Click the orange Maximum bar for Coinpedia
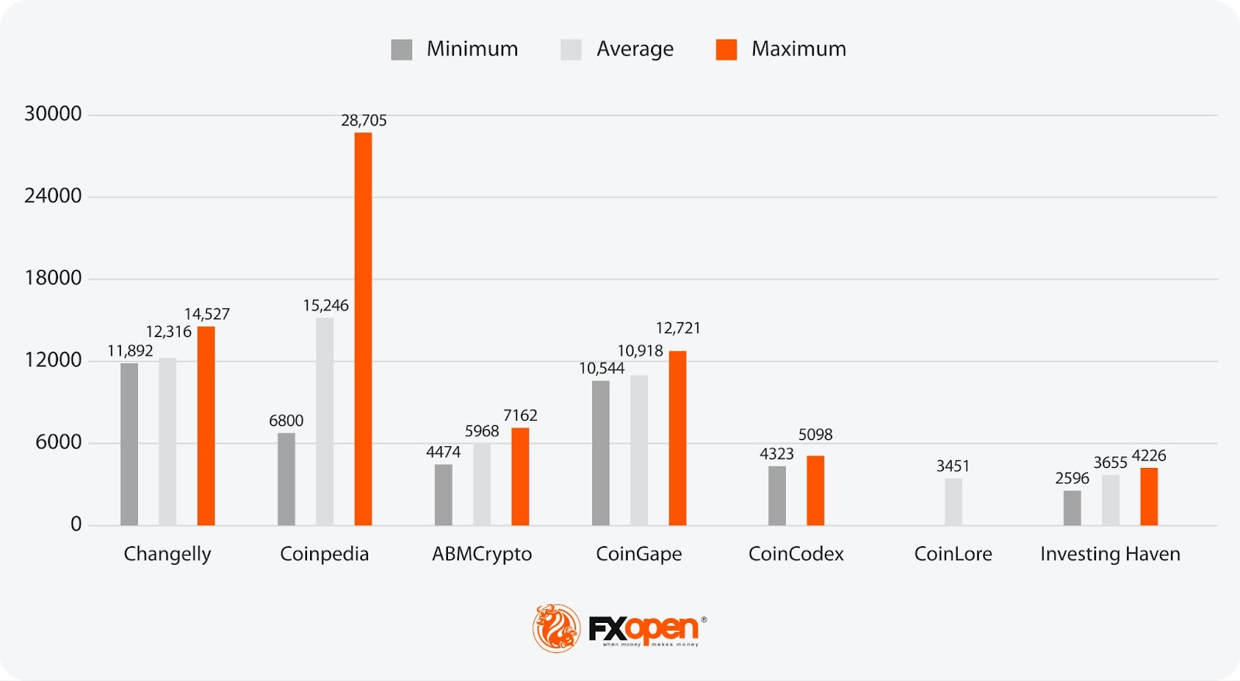coord(363,329)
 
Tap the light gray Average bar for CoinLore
coord(953,502)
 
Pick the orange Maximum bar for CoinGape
coord(677,438)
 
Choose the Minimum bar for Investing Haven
coord(1072,507)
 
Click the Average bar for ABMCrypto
coord(482,484)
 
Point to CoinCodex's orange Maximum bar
coord(815,490)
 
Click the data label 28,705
coord(363,120)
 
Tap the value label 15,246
coord(325,305)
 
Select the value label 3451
coord(952,466)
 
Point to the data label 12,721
coord(678,328)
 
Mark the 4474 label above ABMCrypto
coord(443,452)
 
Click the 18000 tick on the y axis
coord(53,278)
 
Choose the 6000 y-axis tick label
coord(58,442)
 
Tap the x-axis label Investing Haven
coord(1110,554)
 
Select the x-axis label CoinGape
coord(639,554)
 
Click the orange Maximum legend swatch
coord(726,50)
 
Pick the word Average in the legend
coord(635,49)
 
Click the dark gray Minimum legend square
coord(401,50)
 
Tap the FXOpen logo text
coord(643,628)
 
